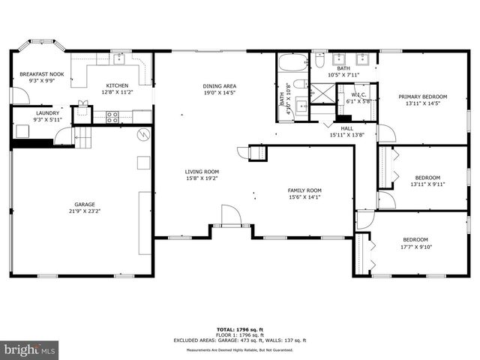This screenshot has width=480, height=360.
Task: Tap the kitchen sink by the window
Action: click(x=120, y=57)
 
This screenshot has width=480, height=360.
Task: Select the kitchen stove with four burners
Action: click(x=112, y=116)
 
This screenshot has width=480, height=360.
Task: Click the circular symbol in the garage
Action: click(x=143, y=135)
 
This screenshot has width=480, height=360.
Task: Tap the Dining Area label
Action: click(x=219, y=86)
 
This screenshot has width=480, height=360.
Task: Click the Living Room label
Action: click(x=202, y=172)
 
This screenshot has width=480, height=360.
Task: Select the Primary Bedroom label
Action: click(x=422, y=97)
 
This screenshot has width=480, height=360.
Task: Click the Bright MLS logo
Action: click(x=30, y=349)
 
